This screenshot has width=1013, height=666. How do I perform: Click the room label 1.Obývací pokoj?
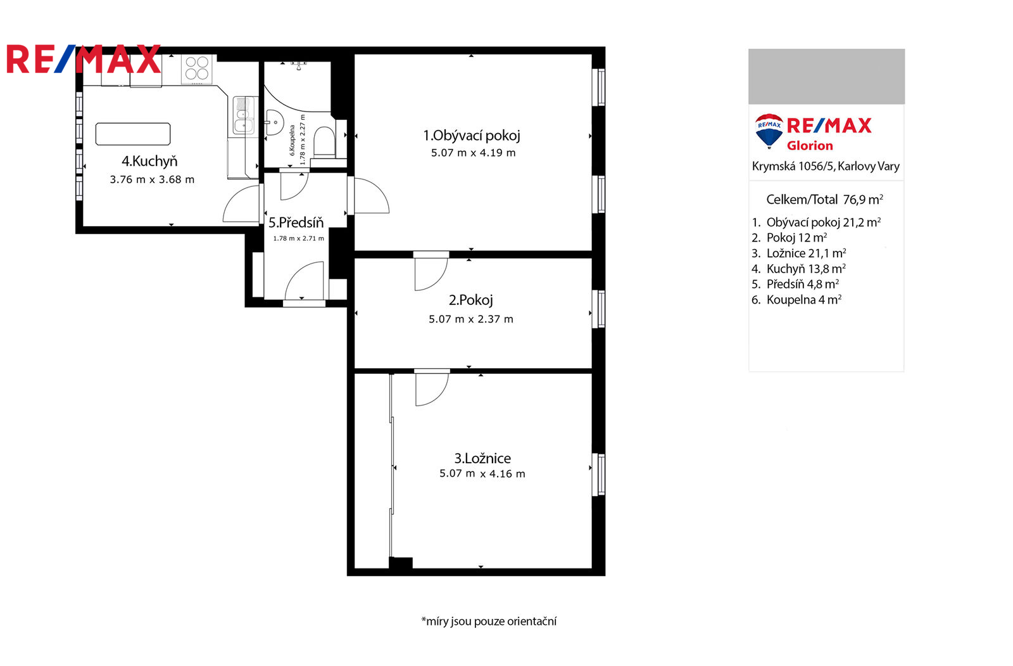(x=472, y=136)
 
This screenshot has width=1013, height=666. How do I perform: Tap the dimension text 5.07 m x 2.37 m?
(x=471, y=319)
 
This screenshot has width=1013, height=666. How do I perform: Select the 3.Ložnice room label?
(x=482, y=458)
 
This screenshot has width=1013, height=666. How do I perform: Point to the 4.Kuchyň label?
(x=149, y=161)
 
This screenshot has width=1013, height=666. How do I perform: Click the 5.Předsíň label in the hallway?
(x=296, y=223)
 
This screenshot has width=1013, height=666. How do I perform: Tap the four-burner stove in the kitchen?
(x=197, y=69)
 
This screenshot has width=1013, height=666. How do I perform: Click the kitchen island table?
(x=133, y=134)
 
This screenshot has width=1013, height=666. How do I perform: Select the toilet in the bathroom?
(x=324, y=141)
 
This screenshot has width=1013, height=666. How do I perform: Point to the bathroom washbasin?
(x=274, y=122)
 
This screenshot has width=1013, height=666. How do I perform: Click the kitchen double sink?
(x=243, y=115)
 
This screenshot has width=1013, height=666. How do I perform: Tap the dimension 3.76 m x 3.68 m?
(x=152, y=180)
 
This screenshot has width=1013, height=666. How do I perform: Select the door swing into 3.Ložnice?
(x=432, y=389)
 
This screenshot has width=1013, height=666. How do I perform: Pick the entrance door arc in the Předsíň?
(x=304, y=280)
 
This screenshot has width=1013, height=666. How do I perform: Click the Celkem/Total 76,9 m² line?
(x=824, y=200)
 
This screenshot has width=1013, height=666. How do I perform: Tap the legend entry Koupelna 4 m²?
(x=796, y=300)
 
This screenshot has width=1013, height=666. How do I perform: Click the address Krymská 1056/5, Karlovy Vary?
(x=826, y=166)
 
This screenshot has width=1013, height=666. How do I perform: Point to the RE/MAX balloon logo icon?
(x=769, y=131)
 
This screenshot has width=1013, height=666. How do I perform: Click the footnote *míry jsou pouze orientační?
(x=489, y=621)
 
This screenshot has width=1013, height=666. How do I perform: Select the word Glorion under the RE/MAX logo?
(x=810, y=146)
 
